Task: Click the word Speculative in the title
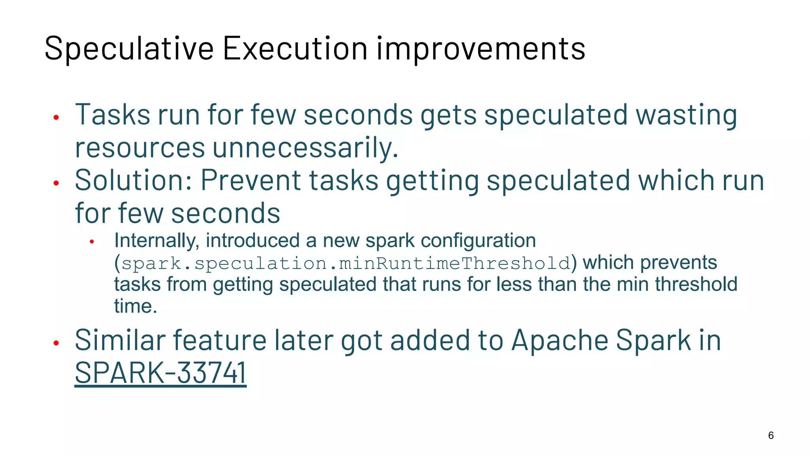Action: (x=129, y=49)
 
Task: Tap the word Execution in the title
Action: (x=295, y=49)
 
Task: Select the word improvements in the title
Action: (x=480, y=49)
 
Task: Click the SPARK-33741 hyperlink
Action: (x=161, y=373)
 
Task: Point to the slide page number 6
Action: (x=771, y=435)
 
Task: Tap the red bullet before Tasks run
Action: (x=56, y=118)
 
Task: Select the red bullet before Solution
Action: (x=56, y=183)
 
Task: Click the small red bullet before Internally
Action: (x=92, y=242)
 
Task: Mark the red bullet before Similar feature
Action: (x=56, y=343)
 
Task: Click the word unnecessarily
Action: (x=305, y=148)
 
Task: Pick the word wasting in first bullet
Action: (x=686, y=115)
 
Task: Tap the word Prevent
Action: (x=250, y=180)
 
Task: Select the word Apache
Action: (x=560, y=340)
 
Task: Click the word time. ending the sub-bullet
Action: (x=136, y=306)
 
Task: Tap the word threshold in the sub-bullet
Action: (x=696, y=284)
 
